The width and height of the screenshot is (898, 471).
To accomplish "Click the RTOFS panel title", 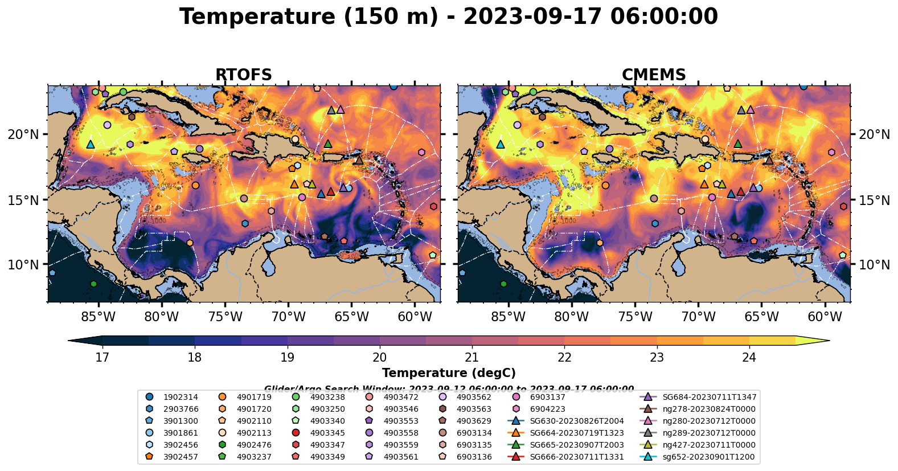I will click(x=243, y=75).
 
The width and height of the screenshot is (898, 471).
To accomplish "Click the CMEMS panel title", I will click(x=654, y=75).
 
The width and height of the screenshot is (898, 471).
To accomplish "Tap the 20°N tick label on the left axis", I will click(x=23, y=134).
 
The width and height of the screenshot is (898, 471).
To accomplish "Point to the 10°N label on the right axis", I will click(x=874, y=265).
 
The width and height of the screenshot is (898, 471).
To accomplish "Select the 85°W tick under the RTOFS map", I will click(x=99, y=317).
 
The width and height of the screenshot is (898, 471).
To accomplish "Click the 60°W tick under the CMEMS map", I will click(x=825, y=317).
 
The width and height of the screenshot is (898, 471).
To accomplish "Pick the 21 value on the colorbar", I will click(x=471, y=357).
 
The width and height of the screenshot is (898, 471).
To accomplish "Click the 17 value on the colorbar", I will click(x=102, y=357).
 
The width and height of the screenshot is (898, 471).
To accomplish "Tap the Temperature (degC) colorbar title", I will click(x=449, y=373).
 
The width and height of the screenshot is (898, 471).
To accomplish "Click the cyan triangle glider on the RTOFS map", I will click(x=90, y=144).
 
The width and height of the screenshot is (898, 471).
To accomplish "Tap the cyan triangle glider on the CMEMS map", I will click(x=501, y=144).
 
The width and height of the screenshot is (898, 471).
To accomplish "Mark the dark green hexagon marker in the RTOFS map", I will click(x=93, y=284).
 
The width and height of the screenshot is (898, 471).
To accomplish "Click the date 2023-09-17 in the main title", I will click(x=533, y=17).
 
